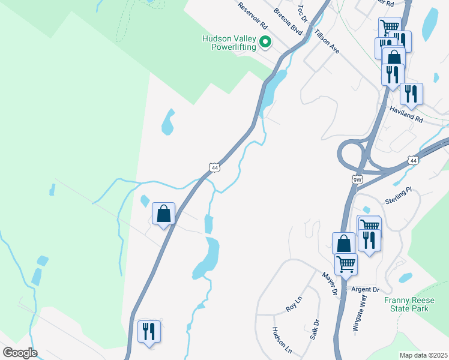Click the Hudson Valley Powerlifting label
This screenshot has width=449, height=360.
point(229,43)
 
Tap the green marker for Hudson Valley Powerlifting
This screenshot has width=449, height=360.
point(265,42)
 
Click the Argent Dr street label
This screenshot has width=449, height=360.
point(366,290)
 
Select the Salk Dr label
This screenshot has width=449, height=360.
point(315,329)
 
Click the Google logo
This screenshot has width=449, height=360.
point(19,353)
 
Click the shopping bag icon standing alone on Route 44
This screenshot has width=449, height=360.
point(163,214)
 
